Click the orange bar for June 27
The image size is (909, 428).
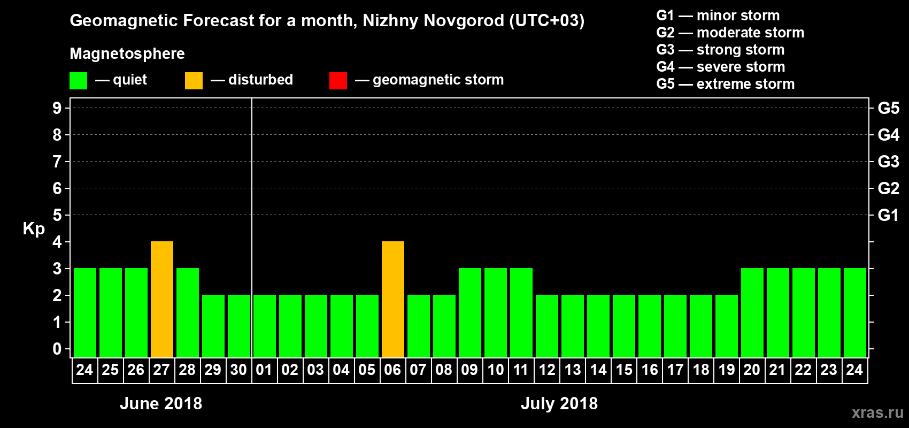(162, 300)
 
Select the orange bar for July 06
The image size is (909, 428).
(393, 300)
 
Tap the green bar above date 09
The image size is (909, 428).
(470, 313)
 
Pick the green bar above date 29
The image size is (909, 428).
(213, 326)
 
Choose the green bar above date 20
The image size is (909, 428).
(752, 313)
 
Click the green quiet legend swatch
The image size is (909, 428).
(79, 81)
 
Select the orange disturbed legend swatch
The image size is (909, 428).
(194, 81)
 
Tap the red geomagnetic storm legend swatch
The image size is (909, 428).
(338, 81)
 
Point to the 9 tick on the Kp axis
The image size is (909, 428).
(57, 108)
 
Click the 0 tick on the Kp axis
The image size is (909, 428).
(57, 349)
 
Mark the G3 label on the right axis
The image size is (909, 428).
(888, 162)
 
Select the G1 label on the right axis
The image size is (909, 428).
(888, 215)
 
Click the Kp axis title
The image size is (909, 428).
(34, 229)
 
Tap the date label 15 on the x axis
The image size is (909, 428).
(624, 370)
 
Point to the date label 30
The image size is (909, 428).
(238, 370)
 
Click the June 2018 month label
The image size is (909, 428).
(161, 403)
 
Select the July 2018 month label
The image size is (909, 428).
(559, 403)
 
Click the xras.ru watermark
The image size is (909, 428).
(877, 412)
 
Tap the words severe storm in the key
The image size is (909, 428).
(741, 67)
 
